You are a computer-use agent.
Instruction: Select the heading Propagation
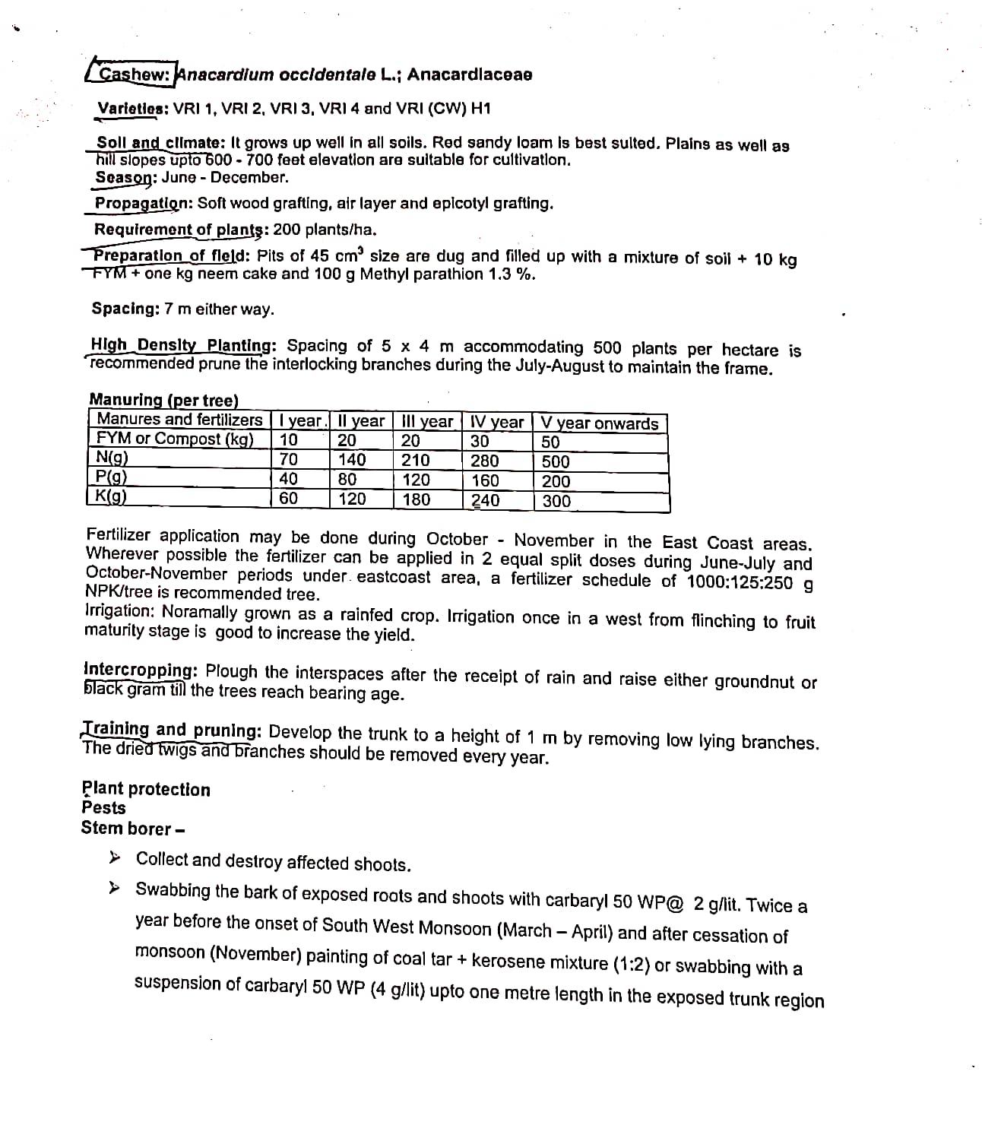142,204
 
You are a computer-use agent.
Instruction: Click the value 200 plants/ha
325,230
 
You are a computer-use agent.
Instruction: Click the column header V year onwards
600,423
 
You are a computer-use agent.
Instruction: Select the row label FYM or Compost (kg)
175,439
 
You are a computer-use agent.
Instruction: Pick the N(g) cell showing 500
556,461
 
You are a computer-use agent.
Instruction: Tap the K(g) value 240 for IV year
485,500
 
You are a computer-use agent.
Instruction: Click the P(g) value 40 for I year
289,479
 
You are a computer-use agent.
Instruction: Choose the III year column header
426,422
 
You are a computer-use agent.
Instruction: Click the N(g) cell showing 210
416,460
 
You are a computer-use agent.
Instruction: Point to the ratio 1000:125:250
740,582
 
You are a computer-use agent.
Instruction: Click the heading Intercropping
141,670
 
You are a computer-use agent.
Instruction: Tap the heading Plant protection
146,789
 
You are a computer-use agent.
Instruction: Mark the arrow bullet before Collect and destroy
115,858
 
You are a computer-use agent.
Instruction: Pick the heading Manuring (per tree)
163,400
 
